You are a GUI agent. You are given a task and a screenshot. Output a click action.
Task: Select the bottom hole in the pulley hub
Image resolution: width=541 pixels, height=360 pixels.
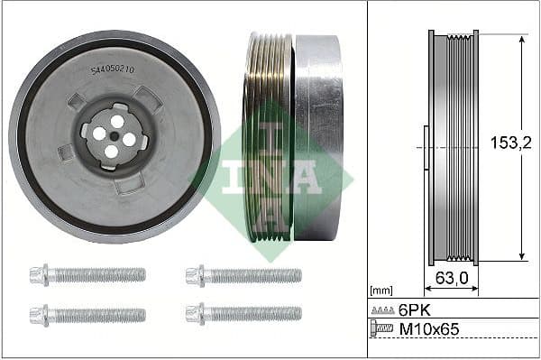point(111,152)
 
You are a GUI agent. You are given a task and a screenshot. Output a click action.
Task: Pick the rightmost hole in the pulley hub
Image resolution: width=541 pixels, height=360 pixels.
point(129,139)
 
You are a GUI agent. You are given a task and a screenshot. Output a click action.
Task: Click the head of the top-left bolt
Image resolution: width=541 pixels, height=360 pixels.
point(39,274)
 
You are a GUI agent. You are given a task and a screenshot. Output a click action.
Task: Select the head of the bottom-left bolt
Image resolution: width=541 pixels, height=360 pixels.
point(39,314)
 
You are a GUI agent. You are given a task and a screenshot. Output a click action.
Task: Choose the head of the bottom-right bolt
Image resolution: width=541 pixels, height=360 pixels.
point(194,313)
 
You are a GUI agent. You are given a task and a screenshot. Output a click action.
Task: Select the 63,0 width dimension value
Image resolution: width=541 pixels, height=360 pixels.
point(452,278)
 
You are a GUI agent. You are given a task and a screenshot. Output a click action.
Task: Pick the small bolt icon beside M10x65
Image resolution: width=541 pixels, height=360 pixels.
point(382,329)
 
